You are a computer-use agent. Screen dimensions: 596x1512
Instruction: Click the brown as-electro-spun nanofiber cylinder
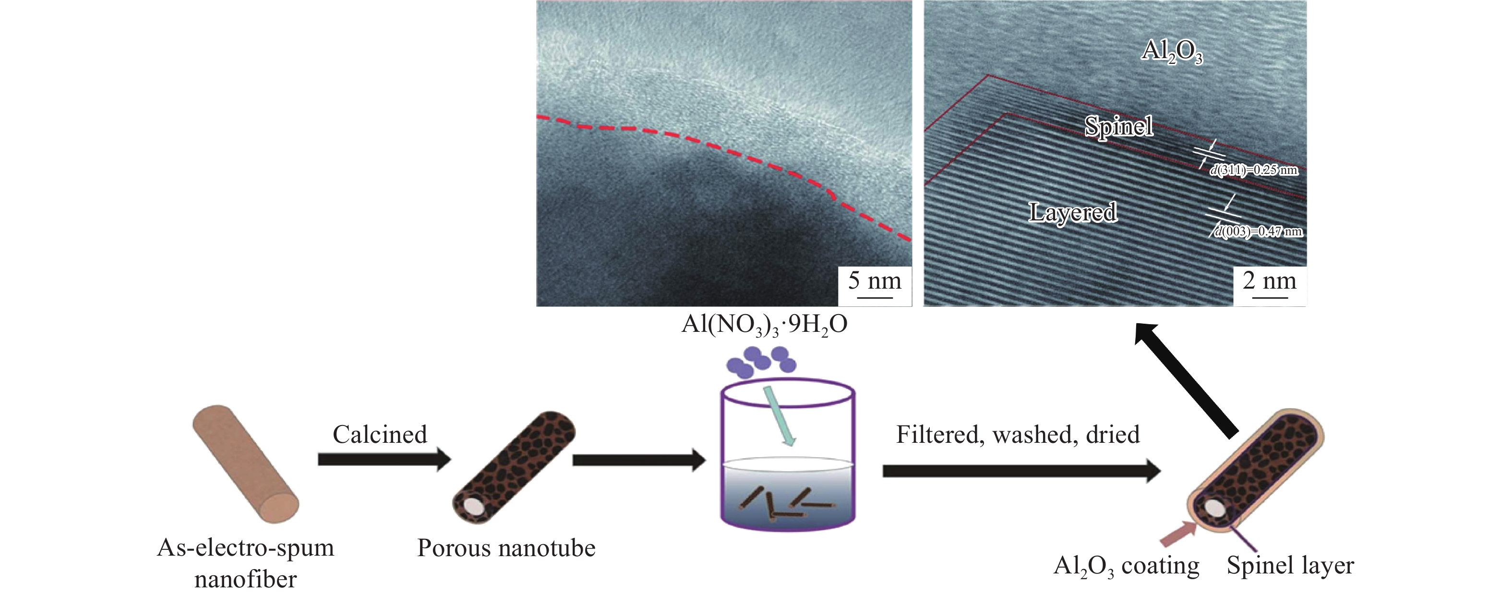[x=245, y=463]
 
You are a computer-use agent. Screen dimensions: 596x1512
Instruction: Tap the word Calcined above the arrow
[x=380, y=435]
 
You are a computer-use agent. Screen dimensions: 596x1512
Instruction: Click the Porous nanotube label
[x=506, y=548]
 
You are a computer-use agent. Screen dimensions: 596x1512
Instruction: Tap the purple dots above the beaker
[x=761, y=361]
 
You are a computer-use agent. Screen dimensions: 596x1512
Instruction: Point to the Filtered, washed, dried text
[x=1017, y=435]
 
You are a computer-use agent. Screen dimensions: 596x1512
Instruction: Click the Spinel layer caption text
[x=1290, y=565]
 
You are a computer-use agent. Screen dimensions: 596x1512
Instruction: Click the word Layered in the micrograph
[x=1073, y=212]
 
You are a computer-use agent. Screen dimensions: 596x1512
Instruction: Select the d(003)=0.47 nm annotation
[x=1258, y=231]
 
